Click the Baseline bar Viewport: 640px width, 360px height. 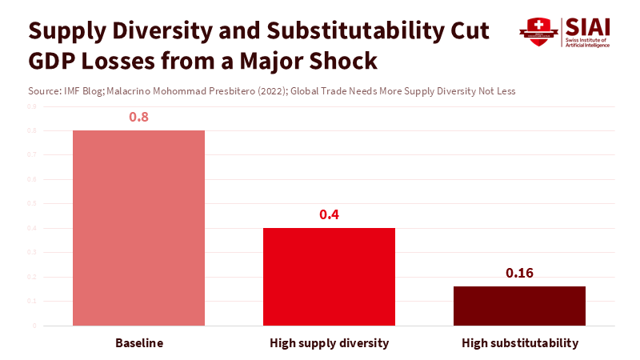tap(138, 228)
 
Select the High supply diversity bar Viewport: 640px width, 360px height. tap(329, 277)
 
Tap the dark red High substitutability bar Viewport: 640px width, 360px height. tap(519, 306)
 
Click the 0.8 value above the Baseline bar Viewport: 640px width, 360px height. tap(138, 117)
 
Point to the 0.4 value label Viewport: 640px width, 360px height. tap(329, 214)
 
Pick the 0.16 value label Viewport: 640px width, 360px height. tap(519, 273)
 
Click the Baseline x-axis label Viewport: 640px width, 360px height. tap(138, 343)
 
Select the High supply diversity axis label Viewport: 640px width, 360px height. tap(329, 343)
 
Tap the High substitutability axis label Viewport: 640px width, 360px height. tap(519, 343)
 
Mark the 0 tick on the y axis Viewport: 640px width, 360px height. tap(34, 326)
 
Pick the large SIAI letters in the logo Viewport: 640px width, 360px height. tap(587, 26)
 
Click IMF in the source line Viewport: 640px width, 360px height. tap(70, 91)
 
